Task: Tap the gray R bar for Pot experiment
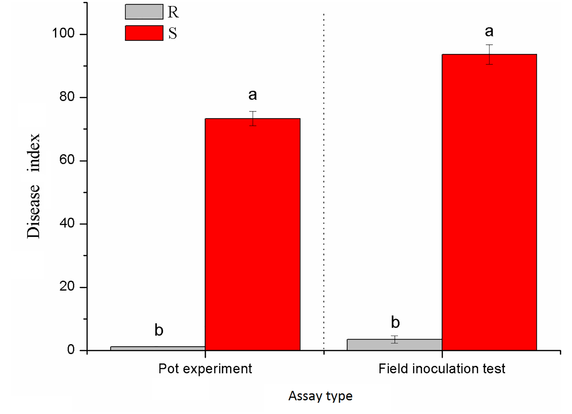pyautogui.click(x=158, y=348)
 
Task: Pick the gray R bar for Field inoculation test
pyautogui.click(x=394, y=345)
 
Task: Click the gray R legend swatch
pyautogui.click(x=144, y=12)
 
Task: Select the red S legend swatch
pyautogui.click(x=144, y=33)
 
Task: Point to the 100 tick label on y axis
pyautogui.click(x=63, y=33)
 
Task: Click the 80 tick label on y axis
pyautogui.click(x=67, y=97)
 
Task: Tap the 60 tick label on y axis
pyautogui.click(x=67, y=160)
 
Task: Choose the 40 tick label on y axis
pyautogui.click(x=67, y=223)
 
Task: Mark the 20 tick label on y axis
pyautogui.click(x=67, y=286)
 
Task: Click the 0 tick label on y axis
pyautogui.click(x=71, y=350)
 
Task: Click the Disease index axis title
pyautogui.click(x=34, y=186)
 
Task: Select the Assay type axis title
pyautogui.click(x=320, y=396)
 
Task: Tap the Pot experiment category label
pyautogui.click(x=205, y=369)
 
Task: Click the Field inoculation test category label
pyautogui.click(x=442, y=369)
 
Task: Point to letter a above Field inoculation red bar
pyautogui.click(x=489, y=31)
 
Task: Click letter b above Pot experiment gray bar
pyautogui.click(x=159, y=330)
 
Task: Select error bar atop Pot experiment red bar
pyautogui.click(x=253, y=118)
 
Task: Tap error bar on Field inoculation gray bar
pyautogui.click(x=394, y=339)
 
